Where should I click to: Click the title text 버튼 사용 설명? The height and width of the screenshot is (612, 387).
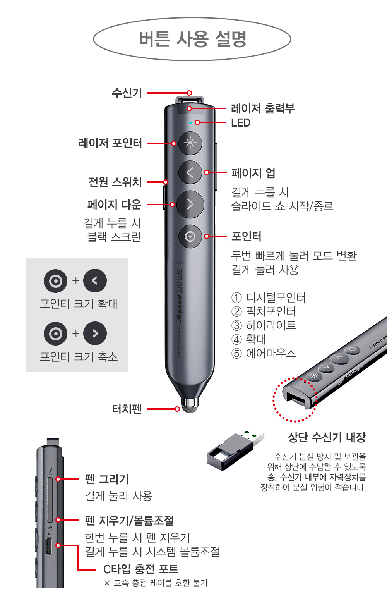(193, 39)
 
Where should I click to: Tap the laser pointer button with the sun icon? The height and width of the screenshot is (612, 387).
(190, 143)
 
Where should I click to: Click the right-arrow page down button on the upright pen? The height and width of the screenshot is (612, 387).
(190, 205)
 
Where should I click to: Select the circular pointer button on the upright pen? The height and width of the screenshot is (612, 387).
(190, 236)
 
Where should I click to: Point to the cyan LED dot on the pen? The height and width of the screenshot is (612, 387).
(190, 123)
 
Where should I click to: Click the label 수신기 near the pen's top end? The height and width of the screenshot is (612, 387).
(127, 93)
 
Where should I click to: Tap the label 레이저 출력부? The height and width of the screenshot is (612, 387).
(263, 108)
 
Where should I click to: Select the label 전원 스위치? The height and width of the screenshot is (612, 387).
(115, 182)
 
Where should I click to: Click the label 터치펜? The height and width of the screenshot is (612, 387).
(127, 409)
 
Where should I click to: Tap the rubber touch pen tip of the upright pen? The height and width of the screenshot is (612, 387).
(190, 406)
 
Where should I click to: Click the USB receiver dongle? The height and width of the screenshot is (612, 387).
(235, 448)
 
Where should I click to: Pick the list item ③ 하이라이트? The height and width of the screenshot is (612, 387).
(264, 325)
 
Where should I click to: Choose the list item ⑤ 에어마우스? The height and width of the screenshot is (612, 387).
(264, 353)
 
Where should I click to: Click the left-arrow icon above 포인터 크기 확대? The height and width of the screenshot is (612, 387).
(95, 280)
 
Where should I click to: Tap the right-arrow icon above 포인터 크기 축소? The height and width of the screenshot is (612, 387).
(95, 334)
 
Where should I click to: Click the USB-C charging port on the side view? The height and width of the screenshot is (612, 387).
(49, 546)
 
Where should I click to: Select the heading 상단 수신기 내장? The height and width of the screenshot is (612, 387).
(327, 437)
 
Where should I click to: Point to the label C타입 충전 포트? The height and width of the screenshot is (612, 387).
(141, 569)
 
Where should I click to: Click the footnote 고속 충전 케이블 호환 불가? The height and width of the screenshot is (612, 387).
(161, 583)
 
